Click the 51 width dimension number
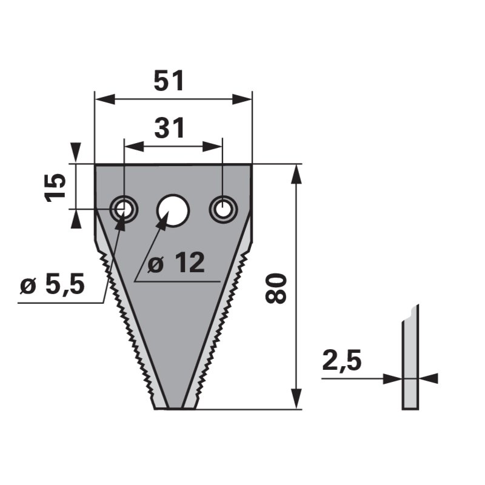(x=169, y=81)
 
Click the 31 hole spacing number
(x=170, y=127)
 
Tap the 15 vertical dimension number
(x=56, y=188)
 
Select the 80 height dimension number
(x=276, y=288)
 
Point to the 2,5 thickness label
(x=341, y=361)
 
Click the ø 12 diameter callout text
(x=176, y=263)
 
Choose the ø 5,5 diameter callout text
(x=52, y=284)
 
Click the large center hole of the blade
(x=173, y=210)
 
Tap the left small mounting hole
(x=124, y=209)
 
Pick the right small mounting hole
(x=223, y=209)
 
